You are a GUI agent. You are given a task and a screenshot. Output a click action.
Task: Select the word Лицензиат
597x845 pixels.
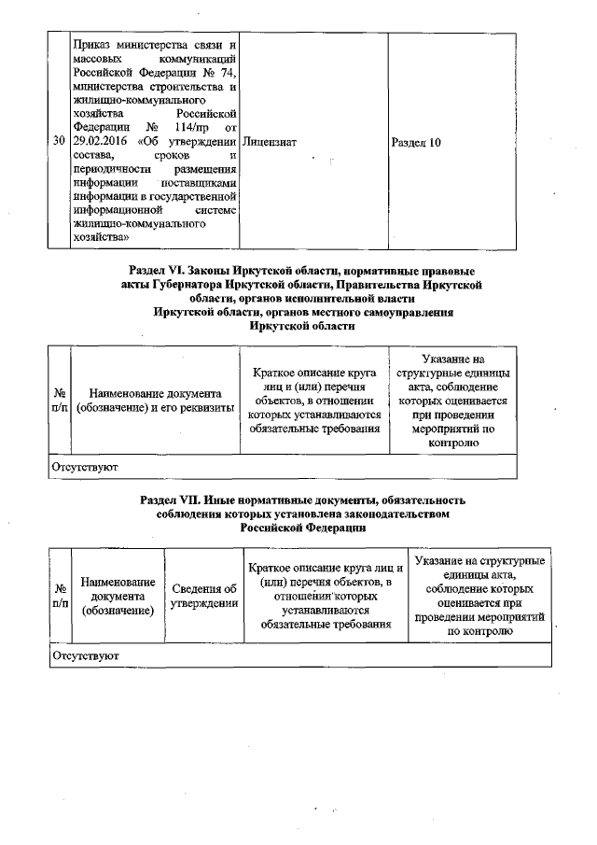269,142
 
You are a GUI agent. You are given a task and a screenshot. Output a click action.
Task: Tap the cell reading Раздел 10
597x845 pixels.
417,142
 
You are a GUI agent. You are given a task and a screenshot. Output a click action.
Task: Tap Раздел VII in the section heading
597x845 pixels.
171,500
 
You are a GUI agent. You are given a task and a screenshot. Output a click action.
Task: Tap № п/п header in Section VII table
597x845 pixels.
59,598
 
